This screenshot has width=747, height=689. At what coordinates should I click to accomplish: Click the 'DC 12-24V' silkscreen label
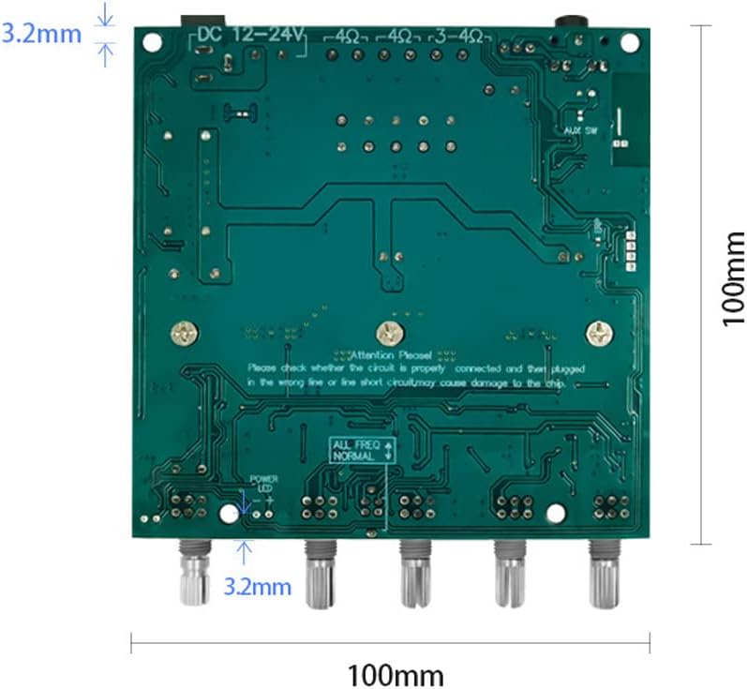(248, 36)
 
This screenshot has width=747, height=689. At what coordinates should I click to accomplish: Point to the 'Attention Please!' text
(390, 355)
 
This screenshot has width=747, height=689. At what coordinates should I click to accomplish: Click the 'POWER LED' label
(263, 484)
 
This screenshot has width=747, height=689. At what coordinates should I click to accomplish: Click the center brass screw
(387, 331)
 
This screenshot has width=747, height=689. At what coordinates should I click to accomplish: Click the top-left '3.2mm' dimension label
(40, 35)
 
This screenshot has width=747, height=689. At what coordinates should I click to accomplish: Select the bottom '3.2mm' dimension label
(257, 588)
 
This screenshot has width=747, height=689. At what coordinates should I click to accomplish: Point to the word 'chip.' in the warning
(571, 383)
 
